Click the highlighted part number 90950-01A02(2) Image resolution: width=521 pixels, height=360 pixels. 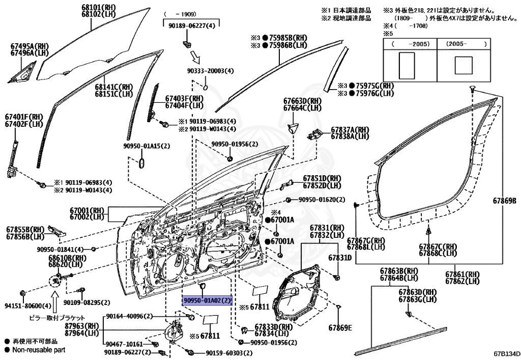(207, 301)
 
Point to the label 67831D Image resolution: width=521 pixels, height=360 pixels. (340, 258)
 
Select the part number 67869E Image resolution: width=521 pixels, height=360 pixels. (340, 327)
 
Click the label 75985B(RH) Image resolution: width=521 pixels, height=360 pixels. (285, 38)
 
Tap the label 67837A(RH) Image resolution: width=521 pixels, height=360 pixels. (350, 129)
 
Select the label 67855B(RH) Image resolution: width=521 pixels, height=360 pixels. (26, 229)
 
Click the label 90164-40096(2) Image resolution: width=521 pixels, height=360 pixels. (129, 317)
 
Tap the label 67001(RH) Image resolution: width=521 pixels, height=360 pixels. (87, 209)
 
